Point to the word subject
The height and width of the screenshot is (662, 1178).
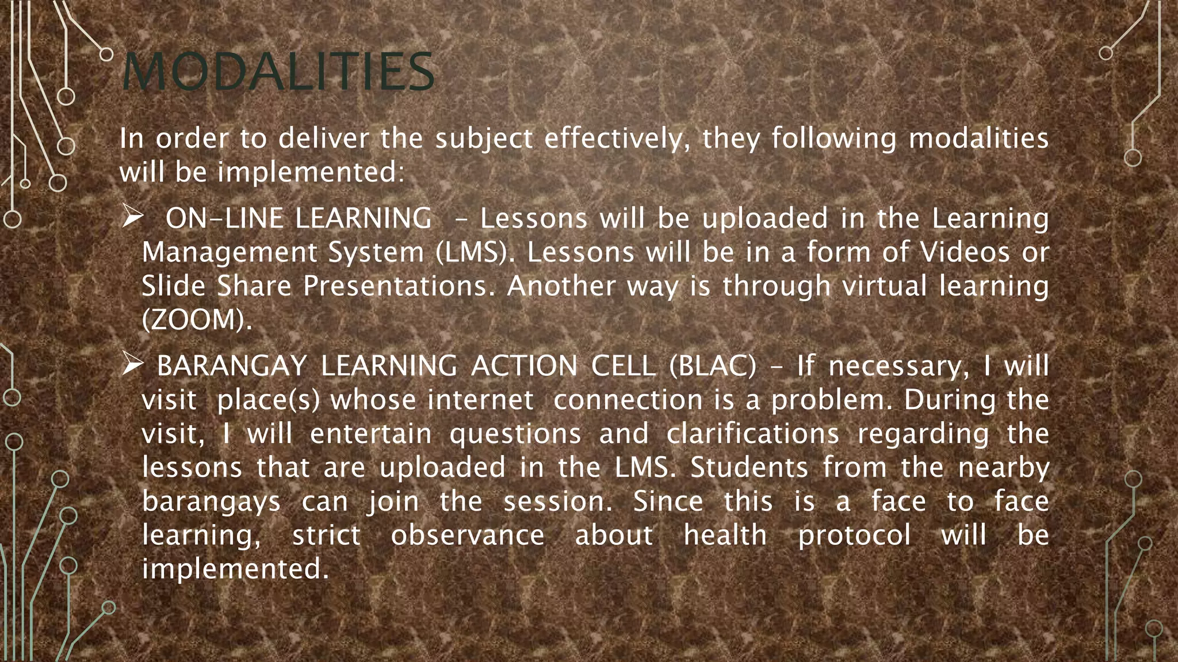pyautogui.click(x=484, y=140)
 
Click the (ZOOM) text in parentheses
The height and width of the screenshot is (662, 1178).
pyautogui.click(x=197, y=320)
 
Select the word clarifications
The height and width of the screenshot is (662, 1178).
pyautogui.click(x=753, y=433)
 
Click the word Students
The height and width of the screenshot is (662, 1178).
pyautogui.click(x=749, y=467)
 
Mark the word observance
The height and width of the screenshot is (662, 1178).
pyautogui.click(x=468, y=535)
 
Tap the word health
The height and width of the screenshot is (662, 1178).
pyautogui.click(x=725, y=535)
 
